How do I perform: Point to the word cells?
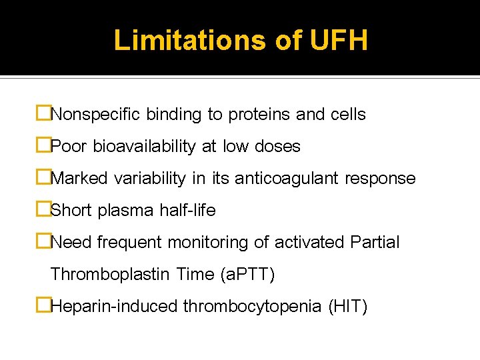348,115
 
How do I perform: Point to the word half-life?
187,211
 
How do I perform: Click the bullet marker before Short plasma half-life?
43,210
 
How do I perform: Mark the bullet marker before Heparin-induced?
43,306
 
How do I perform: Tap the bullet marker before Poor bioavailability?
43,146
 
